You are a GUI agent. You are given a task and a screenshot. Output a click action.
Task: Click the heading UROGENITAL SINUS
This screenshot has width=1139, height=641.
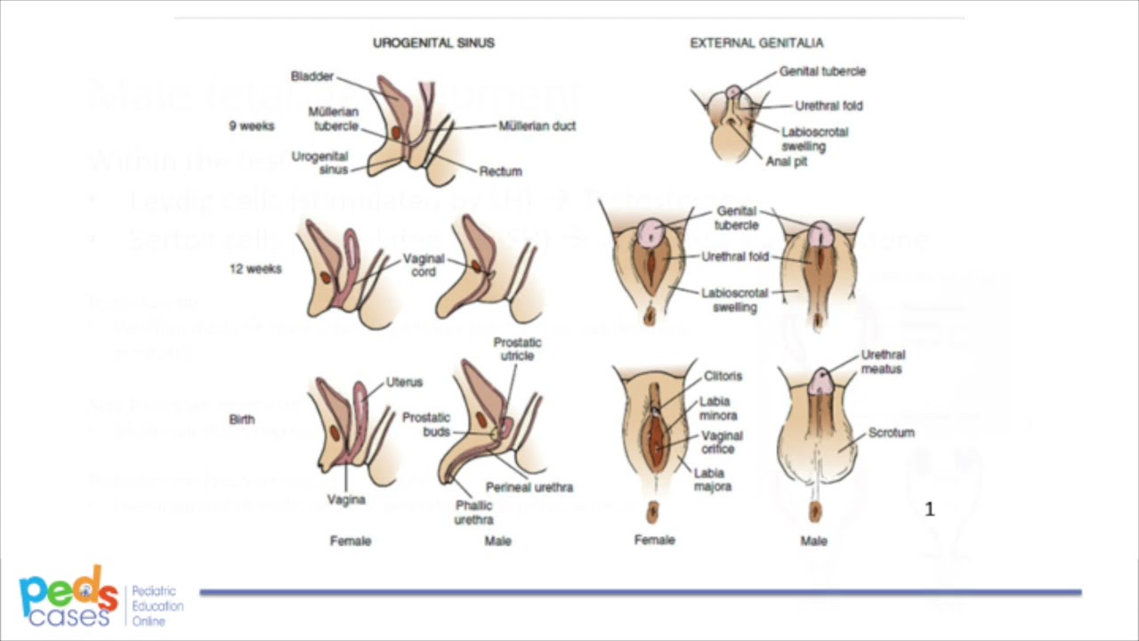[433, 43]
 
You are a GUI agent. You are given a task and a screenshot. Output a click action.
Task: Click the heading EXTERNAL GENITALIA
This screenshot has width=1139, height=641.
[756, 43]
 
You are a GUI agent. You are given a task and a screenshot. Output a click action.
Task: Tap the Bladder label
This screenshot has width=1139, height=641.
[311, 77]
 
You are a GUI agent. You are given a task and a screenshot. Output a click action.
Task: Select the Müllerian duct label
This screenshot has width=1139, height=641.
[537, 126]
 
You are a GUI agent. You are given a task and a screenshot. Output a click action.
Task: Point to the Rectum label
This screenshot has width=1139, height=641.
[500, 171]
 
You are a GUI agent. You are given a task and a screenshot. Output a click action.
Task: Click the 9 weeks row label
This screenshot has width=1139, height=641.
[252, 126]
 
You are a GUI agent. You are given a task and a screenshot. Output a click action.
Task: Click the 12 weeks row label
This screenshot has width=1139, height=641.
[255, 269]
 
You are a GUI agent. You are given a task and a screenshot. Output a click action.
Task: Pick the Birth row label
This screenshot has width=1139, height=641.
[241, 419]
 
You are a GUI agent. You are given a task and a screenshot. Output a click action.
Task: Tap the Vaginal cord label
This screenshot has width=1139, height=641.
[424, 265]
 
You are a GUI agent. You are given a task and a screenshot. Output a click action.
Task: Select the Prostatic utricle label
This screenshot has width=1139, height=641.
[517, 349]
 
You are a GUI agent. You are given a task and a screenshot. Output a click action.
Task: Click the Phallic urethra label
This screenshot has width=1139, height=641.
[473, 514]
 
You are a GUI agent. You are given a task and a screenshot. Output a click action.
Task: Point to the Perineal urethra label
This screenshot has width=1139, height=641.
[529, 487]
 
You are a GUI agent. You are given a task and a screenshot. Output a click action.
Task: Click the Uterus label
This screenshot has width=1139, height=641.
[405, 382]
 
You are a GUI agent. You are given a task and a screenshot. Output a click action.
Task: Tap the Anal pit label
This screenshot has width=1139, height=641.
[787, 162]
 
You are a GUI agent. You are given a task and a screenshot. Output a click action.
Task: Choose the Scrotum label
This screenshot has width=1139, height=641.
[891, 433]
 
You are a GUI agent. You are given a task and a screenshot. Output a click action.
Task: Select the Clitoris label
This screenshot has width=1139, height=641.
[723, 377]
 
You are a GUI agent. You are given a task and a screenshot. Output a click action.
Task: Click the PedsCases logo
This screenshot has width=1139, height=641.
[69, 596]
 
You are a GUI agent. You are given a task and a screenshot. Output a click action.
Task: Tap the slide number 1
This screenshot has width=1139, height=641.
[930, 509]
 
